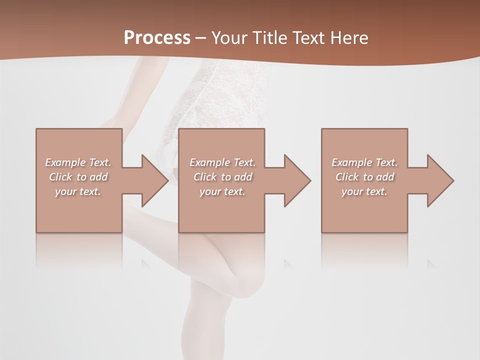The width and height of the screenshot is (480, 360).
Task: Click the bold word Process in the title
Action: click(157, 37)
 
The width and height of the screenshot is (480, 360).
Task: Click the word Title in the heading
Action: click(270, 37)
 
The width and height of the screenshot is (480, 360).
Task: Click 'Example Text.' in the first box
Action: click(78, 162)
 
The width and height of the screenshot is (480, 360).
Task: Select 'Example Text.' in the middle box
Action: click(222, 162)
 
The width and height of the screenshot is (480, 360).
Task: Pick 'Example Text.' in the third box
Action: click(364, 162)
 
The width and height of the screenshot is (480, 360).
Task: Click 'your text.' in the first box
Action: click(78, 191)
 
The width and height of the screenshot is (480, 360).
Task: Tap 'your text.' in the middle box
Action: click(222, 191)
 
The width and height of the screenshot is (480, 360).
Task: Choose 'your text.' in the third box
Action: click(364, 191)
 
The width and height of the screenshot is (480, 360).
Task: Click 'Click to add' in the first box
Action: click(78, 177)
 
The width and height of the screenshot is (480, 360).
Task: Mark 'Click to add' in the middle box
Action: click(222, 177)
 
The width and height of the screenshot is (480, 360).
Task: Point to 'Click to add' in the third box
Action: click(364, 177)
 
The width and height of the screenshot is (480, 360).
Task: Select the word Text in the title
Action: click(309, 37)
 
